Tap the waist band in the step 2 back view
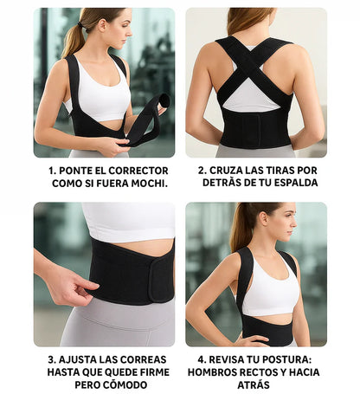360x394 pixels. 254,128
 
